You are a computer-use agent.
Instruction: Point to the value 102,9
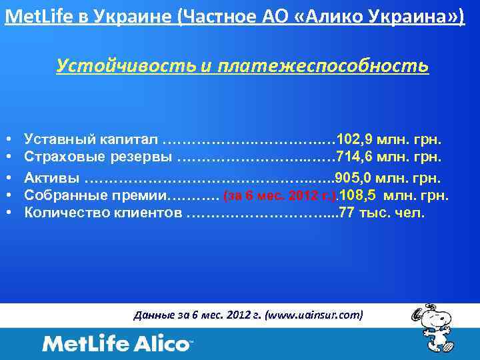[355, 139]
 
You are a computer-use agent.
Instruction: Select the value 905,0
[353, 178]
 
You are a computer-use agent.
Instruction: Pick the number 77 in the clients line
[348, 213]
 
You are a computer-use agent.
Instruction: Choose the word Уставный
[57, 139]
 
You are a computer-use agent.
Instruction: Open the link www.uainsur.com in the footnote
[313, 315]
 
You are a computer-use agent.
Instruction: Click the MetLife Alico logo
[117, 344]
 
